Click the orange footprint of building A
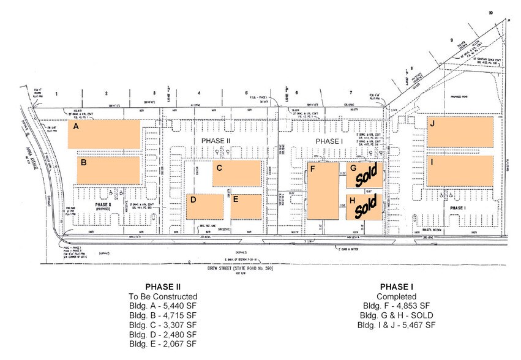click(103, 133)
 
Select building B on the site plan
click(108, 170)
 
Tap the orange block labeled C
click(237, 174)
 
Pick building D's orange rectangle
click(204, 207)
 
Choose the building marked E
click(246, 207)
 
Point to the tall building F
click(322, 190)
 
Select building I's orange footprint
click(460, 170)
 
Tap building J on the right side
click(460, 131)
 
